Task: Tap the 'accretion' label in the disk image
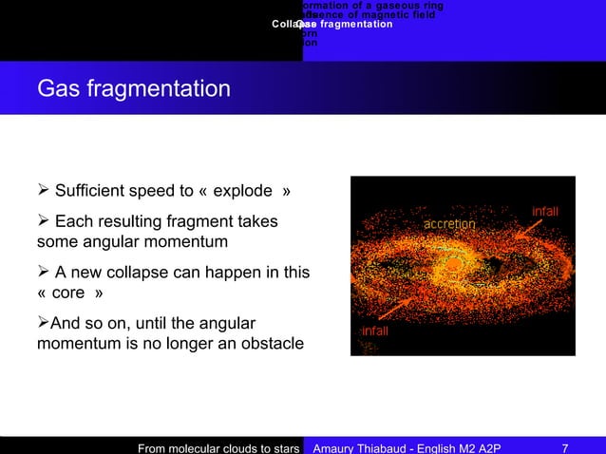pyautogui.click(x=449, y=223)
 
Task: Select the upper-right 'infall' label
pyautogui.click(x=544, y=210)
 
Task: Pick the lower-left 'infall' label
pyautogui.click(x=373, y=331)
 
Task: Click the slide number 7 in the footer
pyautogui.click(x=565, y=446)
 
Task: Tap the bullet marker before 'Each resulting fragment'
pyautogui.click(x=43, y=221)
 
